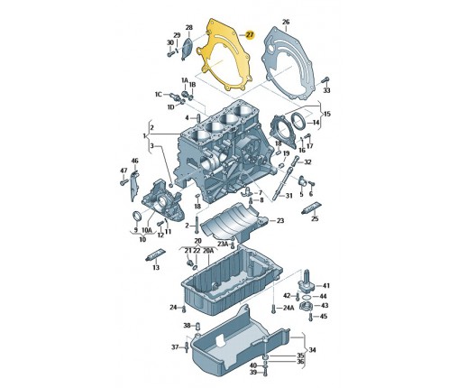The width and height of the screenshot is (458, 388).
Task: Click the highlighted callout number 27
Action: [x=250, y=35]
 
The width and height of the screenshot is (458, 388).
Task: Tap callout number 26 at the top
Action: [x=286, y=22]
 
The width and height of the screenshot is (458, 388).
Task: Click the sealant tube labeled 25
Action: [x=311, y=208]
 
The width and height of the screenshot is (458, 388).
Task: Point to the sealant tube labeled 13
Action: [x=155, y=255]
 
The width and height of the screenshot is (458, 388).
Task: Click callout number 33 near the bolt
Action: [x=326, y=90]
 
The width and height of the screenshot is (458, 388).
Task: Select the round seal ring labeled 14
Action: [x=298, y=120]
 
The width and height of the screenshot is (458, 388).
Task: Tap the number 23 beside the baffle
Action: [x=280, y=221]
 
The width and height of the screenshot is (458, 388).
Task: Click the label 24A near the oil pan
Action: [x=289, y=308]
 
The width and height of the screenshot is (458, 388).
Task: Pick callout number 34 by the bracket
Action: [x=312, y=350]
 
